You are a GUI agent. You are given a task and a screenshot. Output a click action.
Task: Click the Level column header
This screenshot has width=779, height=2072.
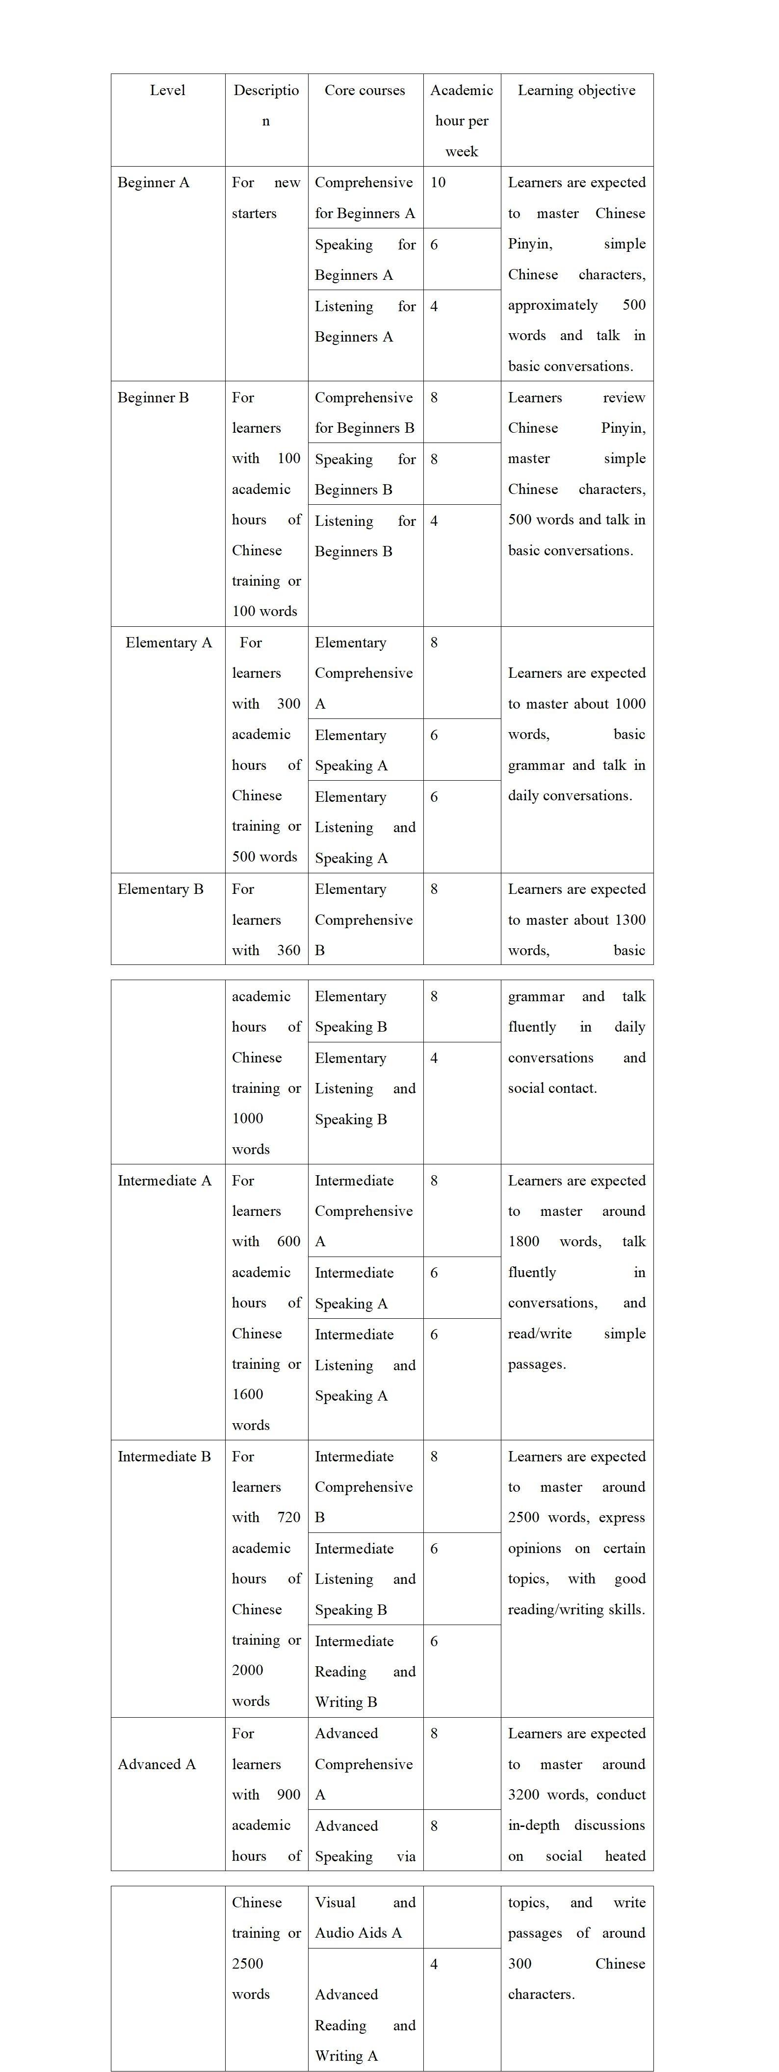point(167,90)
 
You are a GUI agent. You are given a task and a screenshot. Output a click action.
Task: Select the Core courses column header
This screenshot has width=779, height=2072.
point(364,90)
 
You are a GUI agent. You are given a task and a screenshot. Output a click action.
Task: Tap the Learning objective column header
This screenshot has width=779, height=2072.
point(576,90)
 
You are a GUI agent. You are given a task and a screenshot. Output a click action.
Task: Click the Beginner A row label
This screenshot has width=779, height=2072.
point(154,183)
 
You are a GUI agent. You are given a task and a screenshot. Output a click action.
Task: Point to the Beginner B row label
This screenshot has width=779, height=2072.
point(154,397)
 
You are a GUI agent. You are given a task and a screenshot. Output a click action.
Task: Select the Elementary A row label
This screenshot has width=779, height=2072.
point(168,642)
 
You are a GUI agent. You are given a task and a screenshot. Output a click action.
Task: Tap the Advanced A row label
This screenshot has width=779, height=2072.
point(157,1764)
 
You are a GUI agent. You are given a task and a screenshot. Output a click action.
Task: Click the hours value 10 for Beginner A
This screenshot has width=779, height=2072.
point(438,183)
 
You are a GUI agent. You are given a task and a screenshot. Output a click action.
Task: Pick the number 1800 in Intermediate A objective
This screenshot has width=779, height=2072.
point(524,1242)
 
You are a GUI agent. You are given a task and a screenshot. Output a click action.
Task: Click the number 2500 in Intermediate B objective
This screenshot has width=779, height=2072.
point(524,1518)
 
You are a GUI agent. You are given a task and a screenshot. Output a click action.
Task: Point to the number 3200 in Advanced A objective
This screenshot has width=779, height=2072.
point(524,1795)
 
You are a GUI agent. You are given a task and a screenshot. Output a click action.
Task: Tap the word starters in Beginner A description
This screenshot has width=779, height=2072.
point(254,213)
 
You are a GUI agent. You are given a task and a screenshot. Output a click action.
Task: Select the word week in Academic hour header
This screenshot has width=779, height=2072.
point(462,151)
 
